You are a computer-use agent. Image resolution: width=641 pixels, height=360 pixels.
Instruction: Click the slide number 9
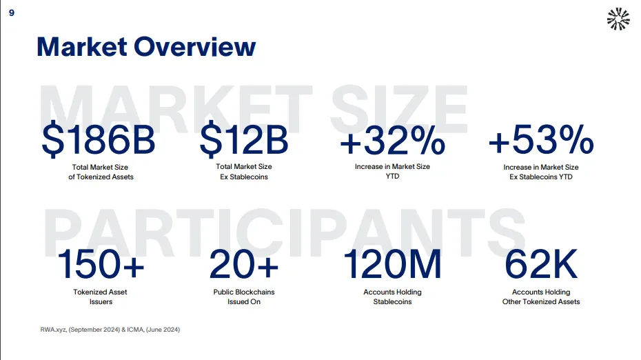point(11,14)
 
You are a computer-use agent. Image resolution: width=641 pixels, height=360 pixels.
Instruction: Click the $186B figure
point(99,140)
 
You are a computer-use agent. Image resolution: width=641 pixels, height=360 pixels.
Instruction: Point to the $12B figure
point(243,140)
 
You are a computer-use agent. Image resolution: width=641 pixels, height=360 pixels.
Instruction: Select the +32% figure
point(392,140)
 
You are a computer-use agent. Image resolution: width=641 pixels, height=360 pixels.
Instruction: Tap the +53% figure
point(540,140)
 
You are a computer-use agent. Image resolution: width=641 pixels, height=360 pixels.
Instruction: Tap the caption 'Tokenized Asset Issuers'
point(101,297)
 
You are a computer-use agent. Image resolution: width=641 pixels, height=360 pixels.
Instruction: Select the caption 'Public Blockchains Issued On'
point(244,297)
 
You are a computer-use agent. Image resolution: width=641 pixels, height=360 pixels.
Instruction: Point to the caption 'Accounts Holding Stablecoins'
point(392,297)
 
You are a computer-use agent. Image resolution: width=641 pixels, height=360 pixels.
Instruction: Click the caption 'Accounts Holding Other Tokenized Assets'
point(541,297)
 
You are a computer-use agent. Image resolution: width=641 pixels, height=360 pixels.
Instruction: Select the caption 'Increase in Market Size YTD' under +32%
point(392,172)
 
